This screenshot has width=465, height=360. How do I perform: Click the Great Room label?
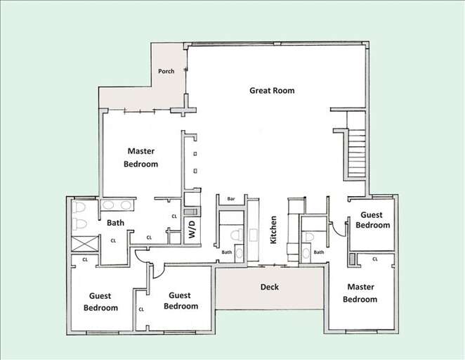(272, 91)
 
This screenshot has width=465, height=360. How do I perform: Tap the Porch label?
(166, 71)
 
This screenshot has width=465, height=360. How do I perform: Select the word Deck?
(270, 287)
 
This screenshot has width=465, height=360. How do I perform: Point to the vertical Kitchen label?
(274, 229)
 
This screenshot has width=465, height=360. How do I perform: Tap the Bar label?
(230, 200)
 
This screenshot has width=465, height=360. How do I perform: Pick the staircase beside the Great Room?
(357, 152)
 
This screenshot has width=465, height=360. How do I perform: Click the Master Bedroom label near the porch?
(142, 157)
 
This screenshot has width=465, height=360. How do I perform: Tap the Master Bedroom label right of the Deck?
(360, 293)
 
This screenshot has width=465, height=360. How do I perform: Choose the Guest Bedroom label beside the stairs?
(372, 220)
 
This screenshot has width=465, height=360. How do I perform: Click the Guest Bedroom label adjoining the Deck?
(181, 301)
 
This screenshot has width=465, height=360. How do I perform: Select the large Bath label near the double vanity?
(115, 224)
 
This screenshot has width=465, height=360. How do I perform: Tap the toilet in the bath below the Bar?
(237, 236)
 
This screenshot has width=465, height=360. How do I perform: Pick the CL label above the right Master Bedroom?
(374, 259)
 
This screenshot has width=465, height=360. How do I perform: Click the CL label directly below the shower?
(85, 259)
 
